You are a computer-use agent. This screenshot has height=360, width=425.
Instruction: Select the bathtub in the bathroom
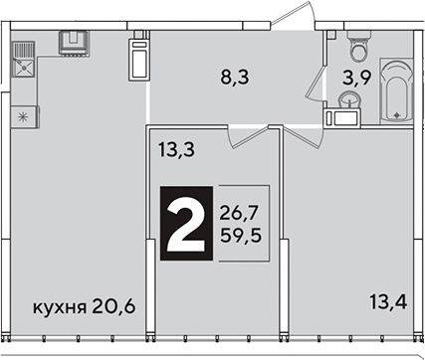click(x=396, y=90)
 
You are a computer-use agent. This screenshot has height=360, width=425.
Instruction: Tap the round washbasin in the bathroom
click(x=349, y=99)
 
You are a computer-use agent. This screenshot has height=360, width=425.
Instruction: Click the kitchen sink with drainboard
click(x=23, y=60)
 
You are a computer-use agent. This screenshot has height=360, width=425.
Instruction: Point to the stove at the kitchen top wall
click(x=74, y=42)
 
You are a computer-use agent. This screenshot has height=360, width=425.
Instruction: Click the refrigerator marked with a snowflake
click(x=25, y=116)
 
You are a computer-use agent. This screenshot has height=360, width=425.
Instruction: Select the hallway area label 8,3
click(x=235, y=79)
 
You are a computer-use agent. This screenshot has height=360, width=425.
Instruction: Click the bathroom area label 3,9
click(x=356, y=79)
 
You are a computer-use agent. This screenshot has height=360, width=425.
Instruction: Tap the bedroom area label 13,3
click(x=176, y=149)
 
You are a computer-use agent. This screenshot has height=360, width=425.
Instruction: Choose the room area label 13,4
click(x=388, y=302)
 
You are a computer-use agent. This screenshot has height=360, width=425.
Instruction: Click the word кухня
click(x=60, y=308)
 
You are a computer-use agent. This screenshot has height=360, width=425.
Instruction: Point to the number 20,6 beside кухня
click(x=113, y=307)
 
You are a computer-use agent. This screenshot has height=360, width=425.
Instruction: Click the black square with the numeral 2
click(x=186, y=223)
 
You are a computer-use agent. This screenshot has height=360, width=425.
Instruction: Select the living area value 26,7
click(x=239, y=213)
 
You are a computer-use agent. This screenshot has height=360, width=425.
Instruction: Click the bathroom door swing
click(x=316, y=82)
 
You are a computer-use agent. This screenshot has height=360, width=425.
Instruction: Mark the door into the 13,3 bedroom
click(x=248, y=136)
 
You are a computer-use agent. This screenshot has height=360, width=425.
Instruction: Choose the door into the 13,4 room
click(x=302, y=137)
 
